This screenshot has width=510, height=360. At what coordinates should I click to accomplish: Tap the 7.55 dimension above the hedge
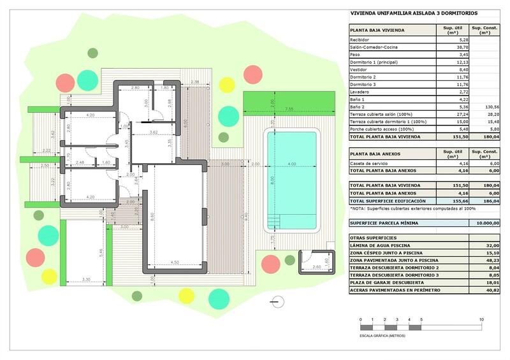289,110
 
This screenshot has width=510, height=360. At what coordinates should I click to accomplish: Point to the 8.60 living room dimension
152,217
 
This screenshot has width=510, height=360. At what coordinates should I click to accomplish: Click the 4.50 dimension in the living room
175,262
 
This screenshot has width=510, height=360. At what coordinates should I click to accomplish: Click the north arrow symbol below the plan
274,301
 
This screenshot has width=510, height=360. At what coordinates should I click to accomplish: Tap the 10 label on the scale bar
481,319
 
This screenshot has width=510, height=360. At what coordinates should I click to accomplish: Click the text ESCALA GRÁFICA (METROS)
382,335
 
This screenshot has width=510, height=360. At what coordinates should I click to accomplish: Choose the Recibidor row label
360,40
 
